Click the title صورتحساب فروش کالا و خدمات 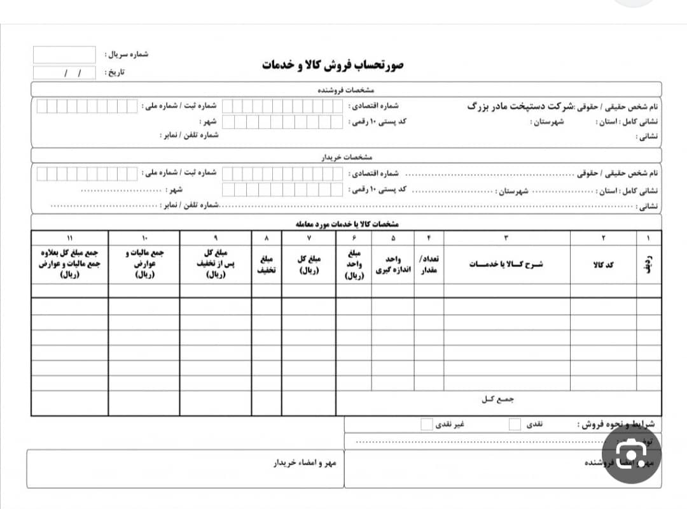pyautogui.click(x=333, y=65)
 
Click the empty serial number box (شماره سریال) pyautogui.click(x=64, y=55)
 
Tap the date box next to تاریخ pyautogui.click(x=64, y=73)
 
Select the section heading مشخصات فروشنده pyautogui.click(x=346, y=90)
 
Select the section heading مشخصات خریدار pyautogui.click(x=346, y=156)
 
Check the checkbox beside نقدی pyautogui.click(x=515, y=424)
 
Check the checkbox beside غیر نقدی pyautogui.click(x=427, y=424)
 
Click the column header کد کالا pyautogui.click(x=602, y=264)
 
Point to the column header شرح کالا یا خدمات pyautogui.click(x=506, y=264)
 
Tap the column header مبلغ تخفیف pyautogui.click(x=267, y=264)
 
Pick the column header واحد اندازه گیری pyautogui.click(x=393, y=264)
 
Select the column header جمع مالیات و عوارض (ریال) pyautogui.click(x=144, y=264)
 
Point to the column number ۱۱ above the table pyautogui.click(x=70, y=238)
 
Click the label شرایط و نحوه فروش pyautogui.click(x=616, y=424)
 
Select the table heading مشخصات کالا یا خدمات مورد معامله pyautogui.click(x=347, y=224)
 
